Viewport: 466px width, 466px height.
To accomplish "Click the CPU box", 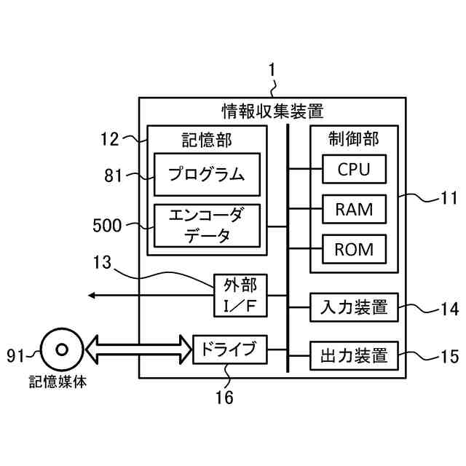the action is pyautogui.click(x=355, y=169).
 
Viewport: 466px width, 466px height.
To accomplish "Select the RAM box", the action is pyautogui.click(x=355, y=209).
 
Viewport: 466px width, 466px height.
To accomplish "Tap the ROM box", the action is pyautogui.click(x=355, y=249).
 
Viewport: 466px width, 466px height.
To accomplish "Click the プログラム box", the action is pyautogui.click(x=207, y=175).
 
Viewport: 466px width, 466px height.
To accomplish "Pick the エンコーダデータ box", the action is pyautogui.click(x=207, y=226).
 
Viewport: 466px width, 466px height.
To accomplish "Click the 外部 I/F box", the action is pyautogui.click(x=240, y=296).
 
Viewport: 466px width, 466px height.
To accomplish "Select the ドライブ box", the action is pyautogui.click(x=230, y=349).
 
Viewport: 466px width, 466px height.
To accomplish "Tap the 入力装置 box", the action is pyautogui.click(x=355, y=307).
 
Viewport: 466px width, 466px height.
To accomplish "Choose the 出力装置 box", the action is pyautogui.click(x=355, y=356).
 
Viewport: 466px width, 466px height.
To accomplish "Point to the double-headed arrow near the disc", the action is pyautogui.click(x=139, y=349).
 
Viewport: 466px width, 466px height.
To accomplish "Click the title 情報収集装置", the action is pyautogui.click(x=272, y=111).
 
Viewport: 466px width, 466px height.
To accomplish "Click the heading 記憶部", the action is pyautogui.click(x=207, y=140).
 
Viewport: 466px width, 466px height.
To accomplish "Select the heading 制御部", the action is pyautogui.click(x=354, y=139).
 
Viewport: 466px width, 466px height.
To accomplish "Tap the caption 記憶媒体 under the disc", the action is pyautogui.click(x=58, y=382).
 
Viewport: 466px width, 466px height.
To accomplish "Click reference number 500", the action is pyautogui.click(x=107, y=225).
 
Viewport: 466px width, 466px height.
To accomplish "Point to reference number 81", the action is pyautogui.click(x=113, y=175).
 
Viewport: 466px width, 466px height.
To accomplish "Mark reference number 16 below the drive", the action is pyautogui.click(x=224, y=397).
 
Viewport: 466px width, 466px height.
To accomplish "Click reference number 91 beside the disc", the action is pyautogui.click(x=15, y=355).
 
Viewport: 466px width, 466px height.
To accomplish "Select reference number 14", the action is pyautogui.click(x=450, y=309).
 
